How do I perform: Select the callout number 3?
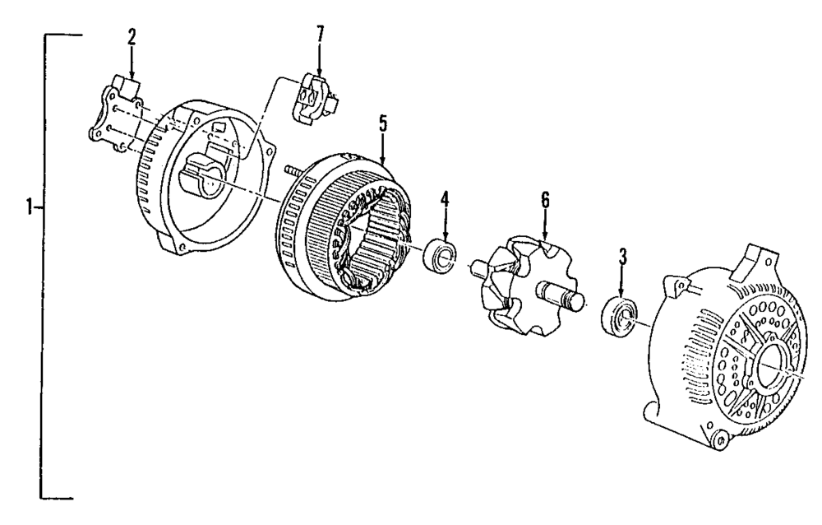coord(623,256)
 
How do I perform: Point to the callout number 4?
coord(444,199)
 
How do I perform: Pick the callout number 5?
coord(383,123)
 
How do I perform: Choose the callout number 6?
coord(544,200)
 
